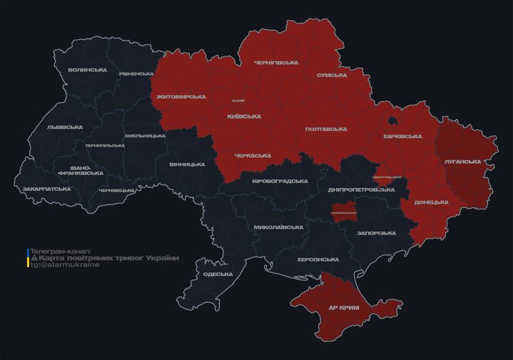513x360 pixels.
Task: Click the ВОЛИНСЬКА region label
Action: coord(87,70)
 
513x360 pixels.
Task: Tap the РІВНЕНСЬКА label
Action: coord(136,74)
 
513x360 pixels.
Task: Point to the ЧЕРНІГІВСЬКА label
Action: coord(275,62)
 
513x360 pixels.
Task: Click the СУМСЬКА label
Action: coord(331,75)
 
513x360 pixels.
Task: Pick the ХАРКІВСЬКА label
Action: coord(402,137)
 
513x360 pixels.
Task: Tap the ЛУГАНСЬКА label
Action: coord(462,162)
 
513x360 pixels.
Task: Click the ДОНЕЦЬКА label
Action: coord(431,203)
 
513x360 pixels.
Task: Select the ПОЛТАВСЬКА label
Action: coord(326,129)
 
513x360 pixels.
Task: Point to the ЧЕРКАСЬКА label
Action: coord(252,155)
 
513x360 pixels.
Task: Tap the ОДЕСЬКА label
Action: coord(218,275)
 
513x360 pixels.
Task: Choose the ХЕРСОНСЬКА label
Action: coord(318,259)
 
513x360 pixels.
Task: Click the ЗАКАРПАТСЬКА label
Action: coord(46,189)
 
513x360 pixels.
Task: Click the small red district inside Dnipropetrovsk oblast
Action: coord(344,213)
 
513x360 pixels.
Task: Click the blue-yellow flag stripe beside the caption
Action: coord(27,257)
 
